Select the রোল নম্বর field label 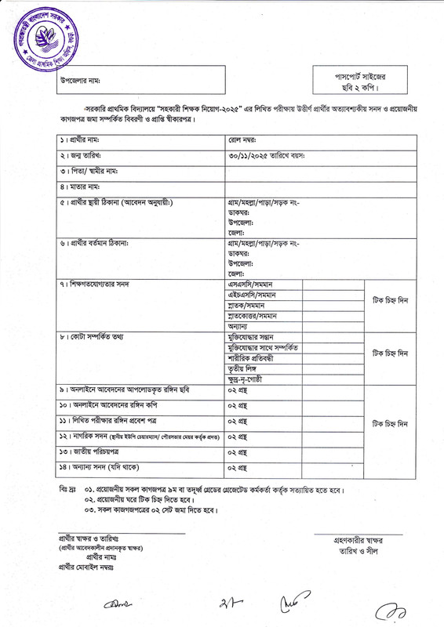pyautogui.click(x=244, y=140)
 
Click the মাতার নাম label pyautogui.click(x=82, y=187)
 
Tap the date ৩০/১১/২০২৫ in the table pyautogui.click(x=252, y=155)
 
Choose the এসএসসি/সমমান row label pyautogui.click(x=249, y=284)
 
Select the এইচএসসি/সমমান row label pyautogui.click(x=252, y=295)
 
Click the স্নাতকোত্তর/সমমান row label pyautogui.click(x=254, y=316)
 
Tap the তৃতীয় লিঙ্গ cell pyautogui.click(x=244, y=369)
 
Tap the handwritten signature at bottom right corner pyautogui.click(x=388, y=609)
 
